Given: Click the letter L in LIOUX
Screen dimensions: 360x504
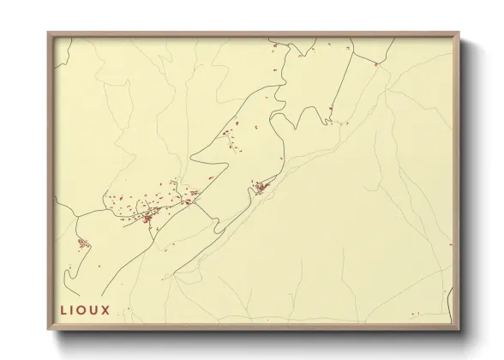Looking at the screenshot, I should click(x=63, y=309).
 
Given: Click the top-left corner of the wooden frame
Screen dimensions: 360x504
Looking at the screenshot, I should click(x=49, y=33).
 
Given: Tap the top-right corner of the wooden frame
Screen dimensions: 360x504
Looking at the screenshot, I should click(x=459, y=33).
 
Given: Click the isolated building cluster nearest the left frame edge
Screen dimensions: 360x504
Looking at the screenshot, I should click(x=83, y=243).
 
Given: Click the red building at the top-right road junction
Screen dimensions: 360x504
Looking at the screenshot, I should click(x=375, y=63).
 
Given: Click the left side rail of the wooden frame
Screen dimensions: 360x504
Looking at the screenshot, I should click(x=51, y=180).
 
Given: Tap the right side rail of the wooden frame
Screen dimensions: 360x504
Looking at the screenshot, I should click(x=457, y=180).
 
